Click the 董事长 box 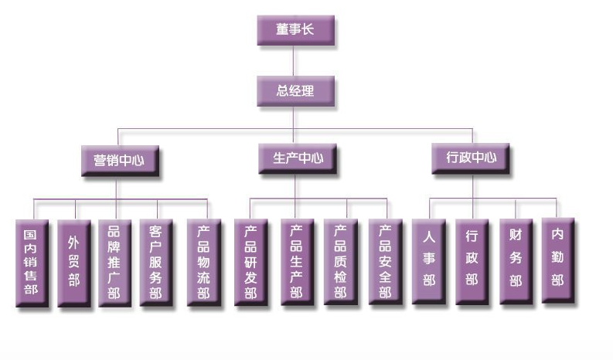[295, 30]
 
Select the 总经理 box [295, 90]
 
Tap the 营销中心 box [118, 160]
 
